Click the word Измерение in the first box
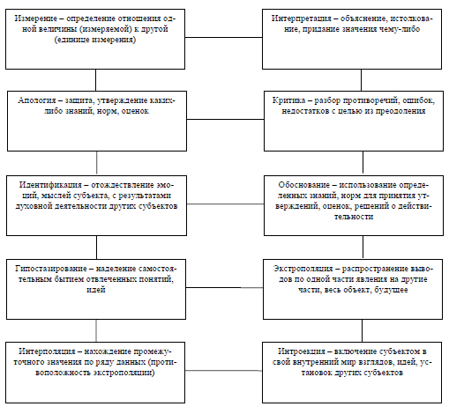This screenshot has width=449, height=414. (36, 18)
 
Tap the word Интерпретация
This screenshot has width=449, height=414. (301, 18)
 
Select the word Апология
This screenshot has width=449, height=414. (36, 100)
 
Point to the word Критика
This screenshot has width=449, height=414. (288, 100)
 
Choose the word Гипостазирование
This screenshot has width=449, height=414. (51, 269)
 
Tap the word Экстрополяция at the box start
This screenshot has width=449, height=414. (303, 269)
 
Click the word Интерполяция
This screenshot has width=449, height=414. (47, 351)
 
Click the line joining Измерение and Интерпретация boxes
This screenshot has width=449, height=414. (223, 38)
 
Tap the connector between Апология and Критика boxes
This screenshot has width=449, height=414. (225, 119)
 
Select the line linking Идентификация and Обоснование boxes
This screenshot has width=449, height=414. (225, 203)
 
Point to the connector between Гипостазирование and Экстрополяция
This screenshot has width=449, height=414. (224, 287)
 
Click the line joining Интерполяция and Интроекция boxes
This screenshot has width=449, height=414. (223, 371)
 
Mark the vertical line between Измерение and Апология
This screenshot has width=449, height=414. (95, 80)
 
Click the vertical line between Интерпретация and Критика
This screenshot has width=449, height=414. (361, 80)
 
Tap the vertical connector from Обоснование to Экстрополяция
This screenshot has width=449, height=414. (363, 248)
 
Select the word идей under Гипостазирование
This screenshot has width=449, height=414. (96, 290)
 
